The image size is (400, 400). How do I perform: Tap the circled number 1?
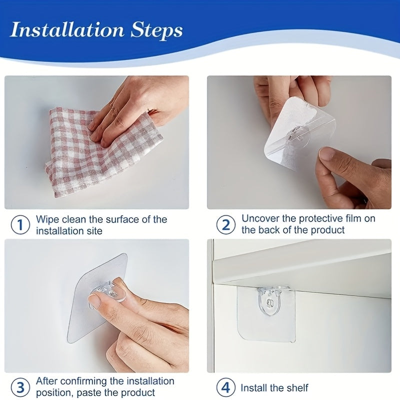(20, 225)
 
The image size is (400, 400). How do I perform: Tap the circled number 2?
(225, 225)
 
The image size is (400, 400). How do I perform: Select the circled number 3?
(20, 387)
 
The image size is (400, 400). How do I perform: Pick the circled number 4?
(225, 387)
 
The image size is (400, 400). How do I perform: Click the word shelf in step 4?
(297, 388)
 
